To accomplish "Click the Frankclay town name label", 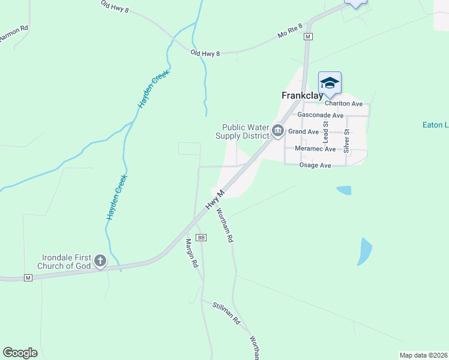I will (x=303, y=95).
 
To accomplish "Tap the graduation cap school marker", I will (x=330, y=83).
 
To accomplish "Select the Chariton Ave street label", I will (x=344, y=103).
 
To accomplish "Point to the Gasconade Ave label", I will (x=321, y=115).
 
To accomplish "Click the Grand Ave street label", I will (x=303, y=131).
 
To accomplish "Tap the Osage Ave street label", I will (x=315, y=165).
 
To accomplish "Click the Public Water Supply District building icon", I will (x=277, y=130).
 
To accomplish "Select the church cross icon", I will (x=100, y=261).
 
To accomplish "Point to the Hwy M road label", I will (x=214, y=199).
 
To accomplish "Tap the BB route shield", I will (x=201, y=238).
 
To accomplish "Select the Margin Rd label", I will (x=192, y=253).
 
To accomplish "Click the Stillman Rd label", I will (x=226, y=313).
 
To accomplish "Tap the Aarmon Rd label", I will (x=13, y=33).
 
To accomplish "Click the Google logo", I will (x=20, y=353).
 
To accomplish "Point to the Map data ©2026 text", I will (x=423, y=355).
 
